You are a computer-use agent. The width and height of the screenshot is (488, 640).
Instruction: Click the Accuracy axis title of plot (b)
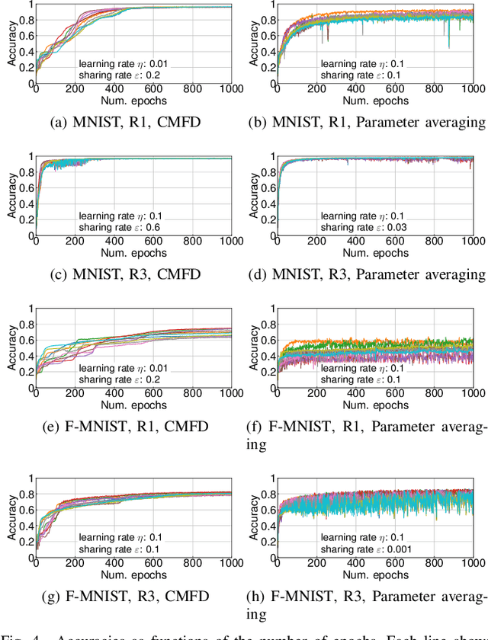click(x=253, y=43)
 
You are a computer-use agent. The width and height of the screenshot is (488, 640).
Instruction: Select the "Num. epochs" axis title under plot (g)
click(x=137, y=576)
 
